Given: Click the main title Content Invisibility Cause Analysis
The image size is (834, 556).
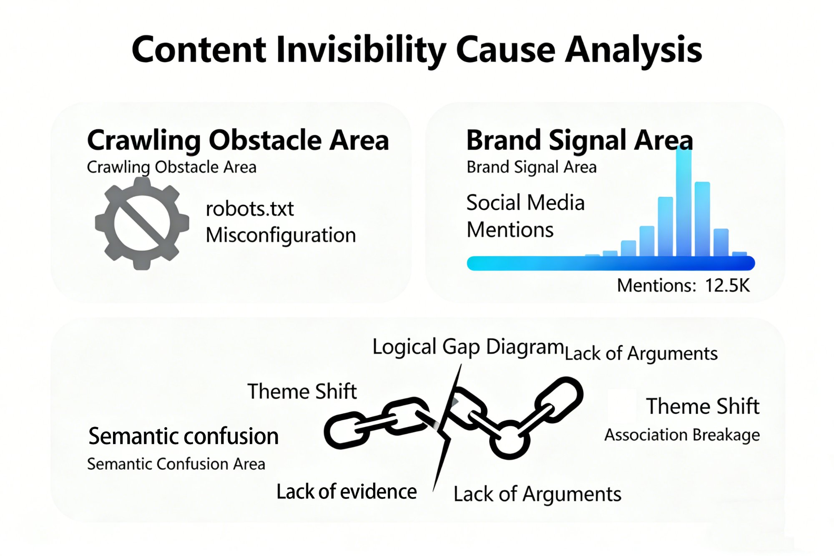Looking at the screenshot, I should [417, 50].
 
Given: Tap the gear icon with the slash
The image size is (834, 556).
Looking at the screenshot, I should [142, 223].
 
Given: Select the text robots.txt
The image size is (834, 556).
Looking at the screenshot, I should [249, 209].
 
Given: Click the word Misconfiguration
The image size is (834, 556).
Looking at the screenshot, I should [281, 235].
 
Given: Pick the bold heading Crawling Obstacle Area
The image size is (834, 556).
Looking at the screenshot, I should [238, 140].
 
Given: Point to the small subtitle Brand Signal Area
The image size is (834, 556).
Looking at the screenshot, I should [531, 167].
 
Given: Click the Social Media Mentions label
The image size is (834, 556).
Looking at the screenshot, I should [525, 216].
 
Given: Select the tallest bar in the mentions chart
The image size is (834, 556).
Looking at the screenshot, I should [683, 200].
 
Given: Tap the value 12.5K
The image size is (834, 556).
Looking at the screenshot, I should [727, 286].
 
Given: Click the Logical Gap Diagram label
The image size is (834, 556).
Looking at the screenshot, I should [468, 347].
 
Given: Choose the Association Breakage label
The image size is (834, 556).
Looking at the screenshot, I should [682, 435].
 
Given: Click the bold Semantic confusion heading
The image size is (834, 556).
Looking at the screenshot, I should [183, 437].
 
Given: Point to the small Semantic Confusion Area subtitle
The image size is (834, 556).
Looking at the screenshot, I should [176, 464].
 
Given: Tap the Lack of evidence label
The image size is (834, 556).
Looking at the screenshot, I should [347, 492].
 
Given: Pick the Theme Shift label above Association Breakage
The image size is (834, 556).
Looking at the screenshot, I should [703, 406].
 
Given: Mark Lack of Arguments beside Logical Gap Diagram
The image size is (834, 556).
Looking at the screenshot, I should [641, 354].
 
